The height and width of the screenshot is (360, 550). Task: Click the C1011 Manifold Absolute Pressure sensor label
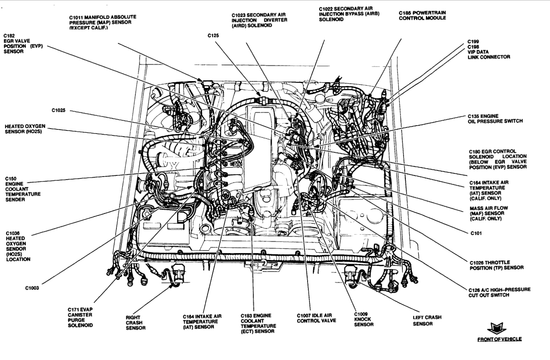[102, 22]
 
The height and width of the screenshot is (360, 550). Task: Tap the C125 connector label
[213, 35]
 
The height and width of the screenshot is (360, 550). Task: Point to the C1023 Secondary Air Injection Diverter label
[259, 20]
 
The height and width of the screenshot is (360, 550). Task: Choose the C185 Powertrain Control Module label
[422, 15]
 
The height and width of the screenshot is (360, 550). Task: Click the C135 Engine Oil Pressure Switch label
[495, 119]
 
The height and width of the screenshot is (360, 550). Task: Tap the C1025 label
[59, 110]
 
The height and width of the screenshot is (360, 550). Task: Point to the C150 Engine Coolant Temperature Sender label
[23, 189]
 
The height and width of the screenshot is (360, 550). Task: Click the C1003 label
[32, 288]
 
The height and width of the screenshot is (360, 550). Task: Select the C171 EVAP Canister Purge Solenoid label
[80, 317]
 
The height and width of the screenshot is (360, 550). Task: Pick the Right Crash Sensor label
[136, 322]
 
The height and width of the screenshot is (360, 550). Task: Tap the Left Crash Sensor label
[427, 320]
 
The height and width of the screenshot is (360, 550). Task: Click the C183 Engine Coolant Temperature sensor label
[258, 323]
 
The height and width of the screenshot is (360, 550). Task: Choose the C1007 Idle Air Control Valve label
[316, 318]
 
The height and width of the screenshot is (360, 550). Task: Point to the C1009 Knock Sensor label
[363, 317]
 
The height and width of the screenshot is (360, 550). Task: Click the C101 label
[476, 233]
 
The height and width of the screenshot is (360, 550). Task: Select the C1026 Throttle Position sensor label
[496, 265]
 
